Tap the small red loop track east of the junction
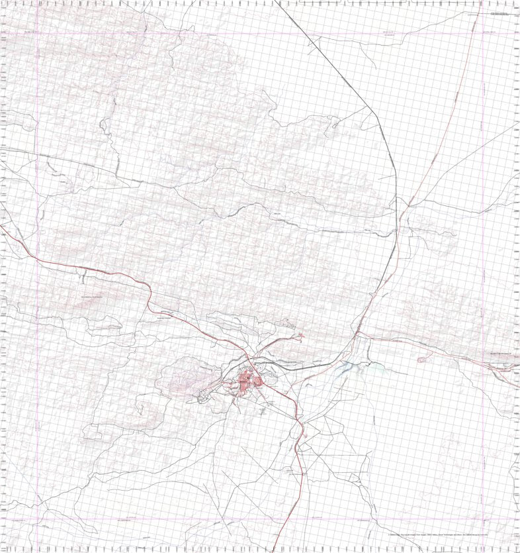click(x=423, y=359)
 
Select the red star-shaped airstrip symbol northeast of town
click(x=302, y=336)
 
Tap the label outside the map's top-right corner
click(x=501, y=13)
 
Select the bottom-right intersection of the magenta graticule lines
click(x=484, y=519)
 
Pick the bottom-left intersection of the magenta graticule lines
click(x=37, y=519)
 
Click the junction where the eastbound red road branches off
click(x=358, y=334)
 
